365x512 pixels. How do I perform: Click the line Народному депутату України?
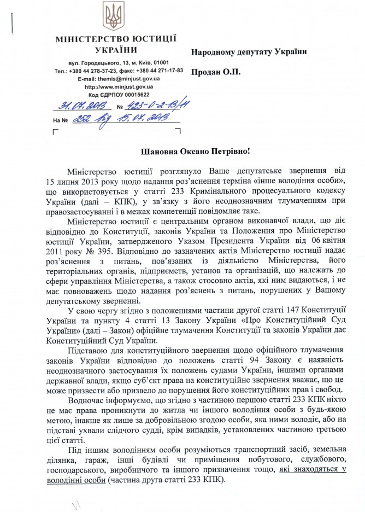pos(249,51)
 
